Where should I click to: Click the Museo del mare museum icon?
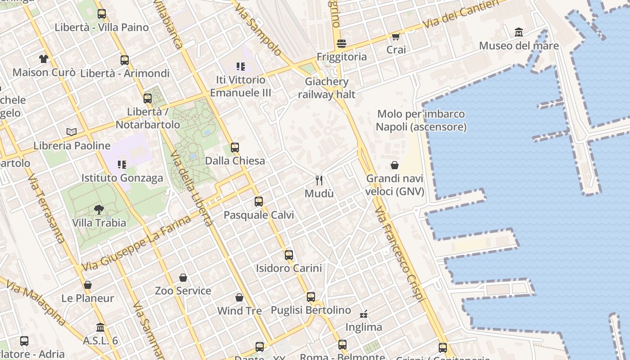tap(519, 32)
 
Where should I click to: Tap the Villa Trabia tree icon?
tap(99, 209)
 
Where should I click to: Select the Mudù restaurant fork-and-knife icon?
tap(319, 180)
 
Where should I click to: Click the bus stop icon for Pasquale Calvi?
tap(259, 202)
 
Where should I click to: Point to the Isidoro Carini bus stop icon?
tap(289, 255)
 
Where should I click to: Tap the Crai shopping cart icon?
tap(396, 36)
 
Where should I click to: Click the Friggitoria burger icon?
tap(342, 44)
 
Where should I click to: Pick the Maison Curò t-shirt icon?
tap(43, 59)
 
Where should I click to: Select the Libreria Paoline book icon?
tap(72, 132)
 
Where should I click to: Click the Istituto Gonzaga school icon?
tap(122, 165)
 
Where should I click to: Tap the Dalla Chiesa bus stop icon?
tap(235, 147)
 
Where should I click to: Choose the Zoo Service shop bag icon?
tap(183, 278)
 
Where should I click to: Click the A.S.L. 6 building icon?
tap(100, 327)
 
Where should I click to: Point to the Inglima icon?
tap(364, 314)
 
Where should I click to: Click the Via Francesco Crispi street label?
tap(400, 254)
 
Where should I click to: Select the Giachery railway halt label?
tap(327, 88)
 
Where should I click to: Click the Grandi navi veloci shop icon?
tap(395, 165)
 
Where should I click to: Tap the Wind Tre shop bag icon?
tap(239, 297)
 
